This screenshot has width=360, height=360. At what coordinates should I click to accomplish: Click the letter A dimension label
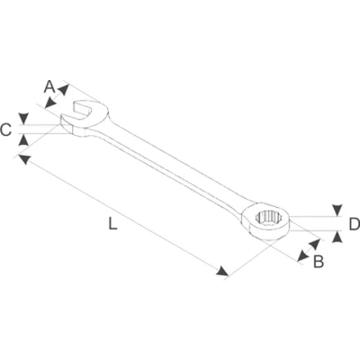click(x=49, y=87)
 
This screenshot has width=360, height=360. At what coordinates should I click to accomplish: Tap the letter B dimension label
click(x=318, y=262)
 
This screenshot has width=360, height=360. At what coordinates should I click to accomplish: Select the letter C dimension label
click(x=6, y=129)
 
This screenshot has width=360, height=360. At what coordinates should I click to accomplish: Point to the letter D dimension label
click(x=354, y=224)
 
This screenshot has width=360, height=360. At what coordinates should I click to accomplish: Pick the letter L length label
click(x=112, y=223)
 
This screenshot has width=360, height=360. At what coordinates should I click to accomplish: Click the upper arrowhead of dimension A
click(x=64, y=90)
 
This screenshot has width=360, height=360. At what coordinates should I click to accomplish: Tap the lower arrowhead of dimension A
click(x=51, y=103)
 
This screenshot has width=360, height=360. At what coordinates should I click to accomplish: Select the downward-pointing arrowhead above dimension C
click(x=24, y=118)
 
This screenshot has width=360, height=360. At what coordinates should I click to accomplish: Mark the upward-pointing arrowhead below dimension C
click(x=24, y=140)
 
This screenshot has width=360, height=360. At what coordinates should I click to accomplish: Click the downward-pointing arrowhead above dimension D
click(x=337, y=209)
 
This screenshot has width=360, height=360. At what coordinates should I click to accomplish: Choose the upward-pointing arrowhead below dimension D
click(x=337, y=236)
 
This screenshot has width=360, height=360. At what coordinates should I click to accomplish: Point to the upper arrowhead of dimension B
click(x=314, y=245)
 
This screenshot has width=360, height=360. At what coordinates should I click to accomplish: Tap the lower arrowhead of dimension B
click(x=303, y=256)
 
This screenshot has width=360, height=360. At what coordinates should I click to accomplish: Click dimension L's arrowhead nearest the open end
click(x=24, y=159)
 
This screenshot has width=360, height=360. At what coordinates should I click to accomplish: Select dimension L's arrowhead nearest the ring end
click(x=223, y=271)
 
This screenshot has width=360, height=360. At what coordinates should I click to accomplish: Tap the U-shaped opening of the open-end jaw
click(x=81, y=110)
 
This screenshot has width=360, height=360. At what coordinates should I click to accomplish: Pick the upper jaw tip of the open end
click(x=76, y=103)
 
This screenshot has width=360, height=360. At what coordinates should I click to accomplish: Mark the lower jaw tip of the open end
click(x=62, y=118)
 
